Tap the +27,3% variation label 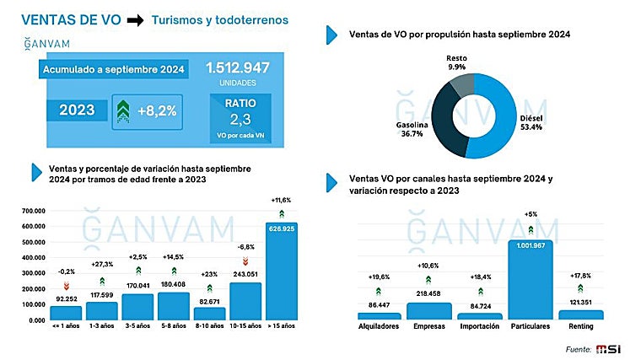pyautogui.click(x=101, y=264)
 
